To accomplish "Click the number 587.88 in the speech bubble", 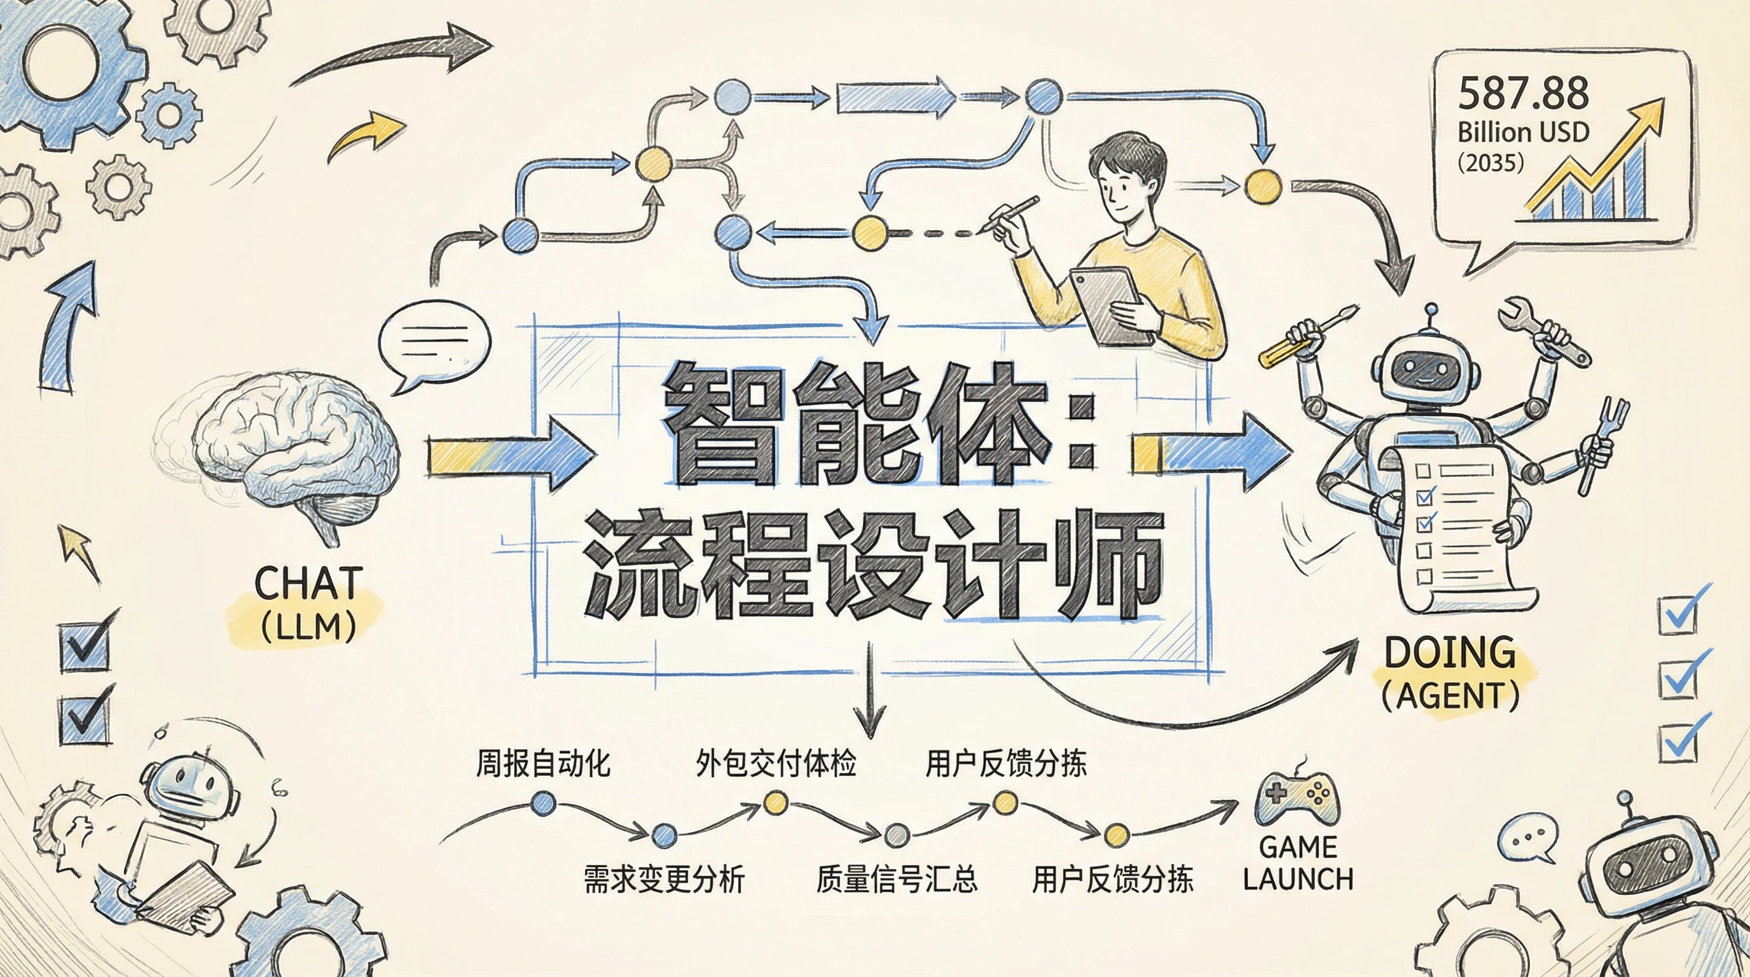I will pyautogui.click(x=1523, y=93).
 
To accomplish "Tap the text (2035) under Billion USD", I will pyautogui.click(x=1491, y=163).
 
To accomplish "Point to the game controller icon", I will pyautogui.click(x=1296, y=799).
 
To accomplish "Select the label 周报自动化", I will pyautogui.click(x=543, y=764).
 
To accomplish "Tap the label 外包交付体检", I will pyautogui.click(x=775, y=764).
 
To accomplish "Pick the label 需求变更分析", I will pyautogui.click(x=664, y=879).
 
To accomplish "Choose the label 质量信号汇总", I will pyautogui.click(x=897, y=879).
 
